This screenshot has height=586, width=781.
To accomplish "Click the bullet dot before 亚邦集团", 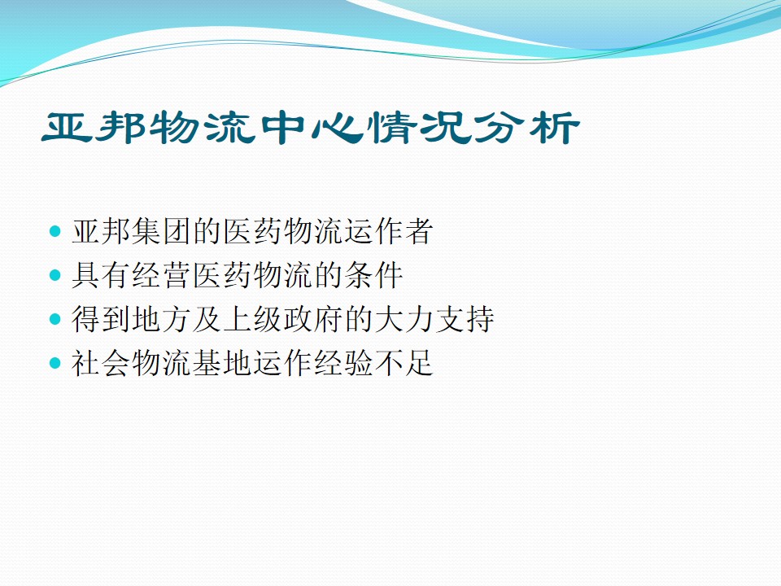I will (55, 233).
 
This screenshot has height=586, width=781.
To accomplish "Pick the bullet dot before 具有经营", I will (55, 276).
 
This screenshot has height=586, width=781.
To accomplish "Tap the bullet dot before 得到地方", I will (55, 320).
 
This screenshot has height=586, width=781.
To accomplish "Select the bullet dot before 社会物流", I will (55, 363).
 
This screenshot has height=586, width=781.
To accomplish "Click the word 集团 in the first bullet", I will (147, 233).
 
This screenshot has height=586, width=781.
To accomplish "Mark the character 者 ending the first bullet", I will (417, 233).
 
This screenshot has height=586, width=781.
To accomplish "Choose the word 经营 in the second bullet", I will (147, 276).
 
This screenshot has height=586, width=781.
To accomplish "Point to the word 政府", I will (298, 320).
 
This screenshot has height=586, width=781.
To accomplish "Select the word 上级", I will (238, 320).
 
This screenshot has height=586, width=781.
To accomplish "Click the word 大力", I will (388, 320).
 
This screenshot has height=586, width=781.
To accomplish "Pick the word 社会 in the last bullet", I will (87, 363).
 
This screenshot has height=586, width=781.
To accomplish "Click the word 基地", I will (207, 363).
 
